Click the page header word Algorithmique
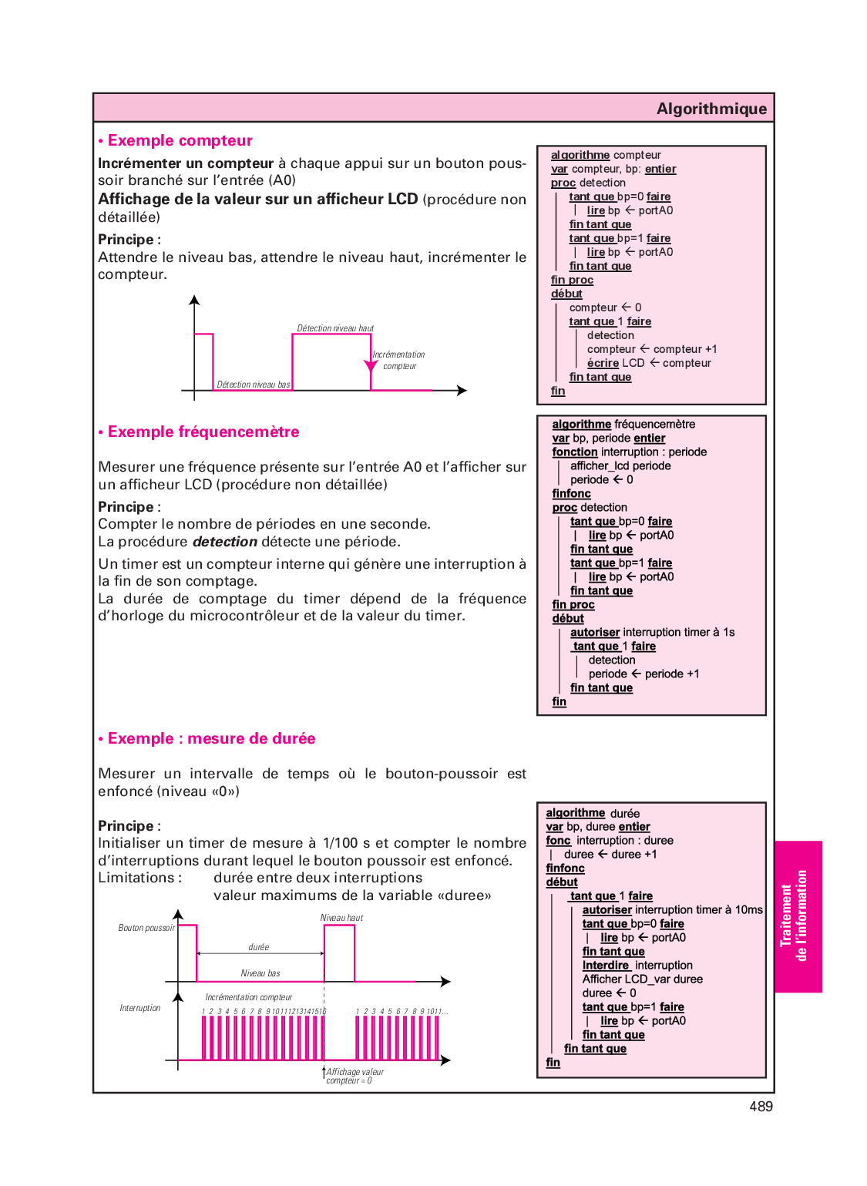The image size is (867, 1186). pyautogui.click(x=711, y=109)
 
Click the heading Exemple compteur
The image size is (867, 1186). pyautogui.click(x=180, y=140)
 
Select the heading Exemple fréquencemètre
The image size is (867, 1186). pyautogui.click(x=203, y=432)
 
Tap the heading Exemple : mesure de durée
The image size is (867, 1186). pyautogui.click(x=211, y=738)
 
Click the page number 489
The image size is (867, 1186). pyautogui.click(x=761, y=1107)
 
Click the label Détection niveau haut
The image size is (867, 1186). pyautogui.click(x=335, y=328)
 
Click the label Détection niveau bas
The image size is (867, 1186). pyautogui.click(x=253, y=385)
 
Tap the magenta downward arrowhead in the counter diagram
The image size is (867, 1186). pyautogui.click(x=371, y=365)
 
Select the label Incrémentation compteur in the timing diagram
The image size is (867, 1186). pyautogui.click(x=248, y=997)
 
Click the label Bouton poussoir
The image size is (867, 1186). pyautogui.click(x=146, y=928)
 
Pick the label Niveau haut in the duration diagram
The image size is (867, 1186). pyautogui.click(x=341, y=918)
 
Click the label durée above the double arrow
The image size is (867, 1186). pyautogui.click(x=259, y=947)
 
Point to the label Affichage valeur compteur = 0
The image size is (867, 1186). pyautogui.click(x=355, y=1076)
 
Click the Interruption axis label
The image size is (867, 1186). pyautogui.click(x=140, y=1008)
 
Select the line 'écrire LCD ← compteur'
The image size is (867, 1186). pyautogui.click(x=649, y=363)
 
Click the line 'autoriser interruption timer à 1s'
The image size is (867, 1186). pyautogui.click(x=652, y=632)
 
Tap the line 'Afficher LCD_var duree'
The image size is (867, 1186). pyautogui.click(x=642, y=979)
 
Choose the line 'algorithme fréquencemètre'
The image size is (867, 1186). pyautogui.click(x=623, y=424)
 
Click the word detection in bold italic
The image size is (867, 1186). pyautogui.click(x=224, y=542)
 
